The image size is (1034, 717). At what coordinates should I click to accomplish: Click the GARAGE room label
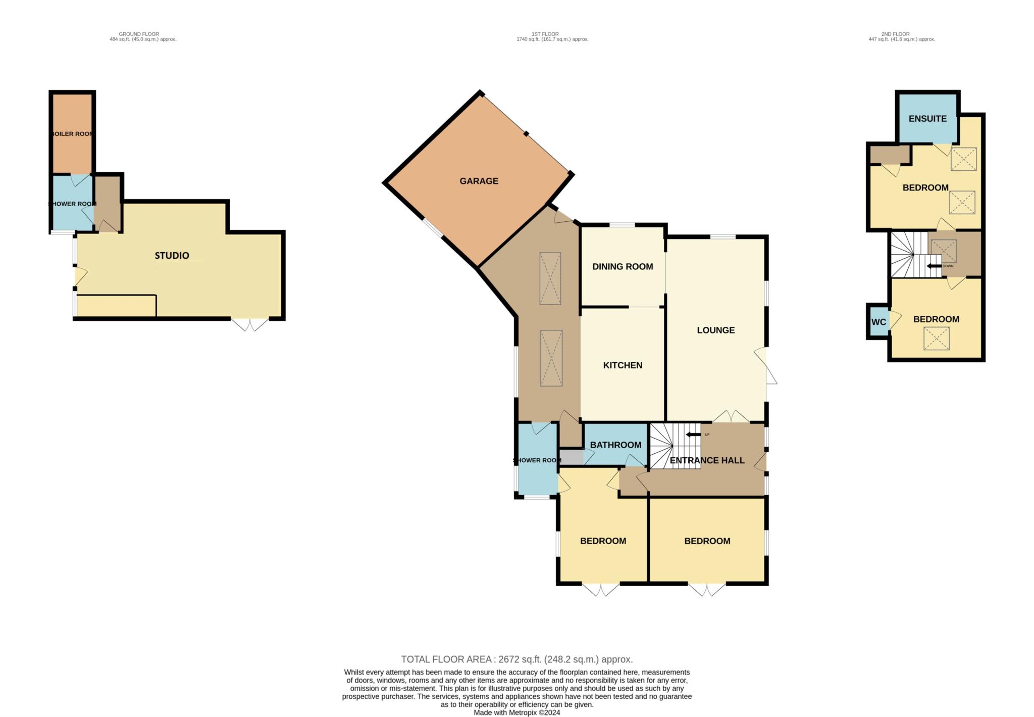479,181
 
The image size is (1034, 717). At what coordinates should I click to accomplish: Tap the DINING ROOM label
623,267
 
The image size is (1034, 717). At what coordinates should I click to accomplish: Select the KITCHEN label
623,365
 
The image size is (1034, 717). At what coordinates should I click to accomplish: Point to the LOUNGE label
715,330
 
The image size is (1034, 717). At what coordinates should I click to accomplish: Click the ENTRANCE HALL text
707,460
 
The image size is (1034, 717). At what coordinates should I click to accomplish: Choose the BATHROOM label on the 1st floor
615,445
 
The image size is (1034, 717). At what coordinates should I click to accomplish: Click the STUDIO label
172,256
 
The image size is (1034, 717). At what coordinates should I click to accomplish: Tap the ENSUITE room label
927,119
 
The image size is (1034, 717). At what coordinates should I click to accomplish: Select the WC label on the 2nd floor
878,322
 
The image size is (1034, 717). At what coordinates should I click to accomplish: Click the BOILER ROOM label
72,134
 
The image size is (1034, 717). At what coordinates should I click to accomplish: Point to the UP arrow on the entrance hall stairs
693,435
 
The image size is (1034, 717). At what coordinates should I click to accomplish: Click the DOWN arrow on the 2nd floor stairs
934,266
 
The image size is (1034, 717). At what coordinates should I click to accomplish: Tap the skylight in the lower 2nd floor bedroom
937,339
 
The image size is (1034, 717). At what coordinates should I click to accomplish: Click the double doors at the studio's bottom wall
250,324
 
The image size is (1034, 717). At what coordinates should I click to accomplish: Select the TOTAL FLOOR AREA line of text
516,659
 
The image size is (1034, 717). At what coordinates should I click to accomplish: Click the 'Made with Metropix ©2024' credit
516,712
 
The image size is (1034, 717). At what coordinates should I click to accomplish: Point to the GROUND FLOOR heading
139,34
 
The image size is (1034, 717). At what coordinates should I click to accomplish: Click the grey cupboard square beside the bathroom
572,457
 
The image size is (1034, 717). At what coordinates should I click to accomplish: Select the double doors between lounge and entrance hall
731,417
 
